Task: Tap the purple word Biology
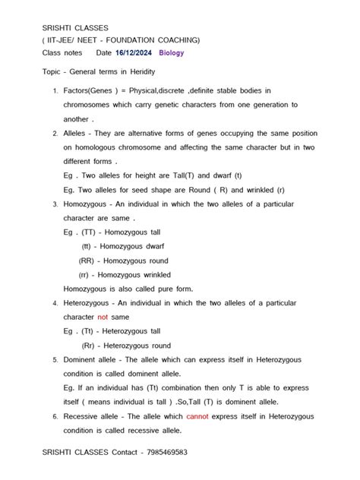(x=172, y=53)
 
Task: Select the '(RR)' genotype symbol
(x=86, y=261)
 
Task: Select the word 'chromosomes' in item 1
(x=90, y=105)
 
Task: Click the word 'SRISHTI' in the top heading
(x=58, y=27)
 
